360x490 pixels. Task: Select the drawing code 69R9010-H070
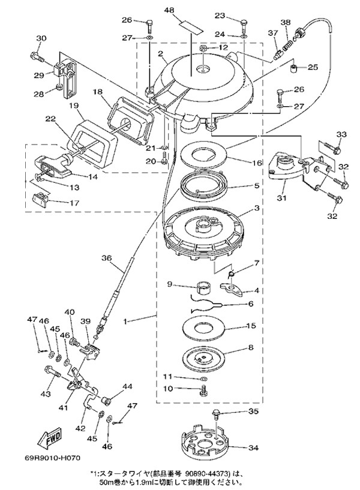pyautogui.click(x=53, y=458)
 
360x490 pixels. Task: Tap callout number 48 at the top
pyautogui.click(x=169, y=11)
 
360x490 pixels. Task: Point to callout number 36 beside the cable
pyautogui.click(x=106, y=258)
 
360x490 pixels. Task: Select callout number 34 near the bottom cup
pyautogui.click(x=253, y=448)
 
